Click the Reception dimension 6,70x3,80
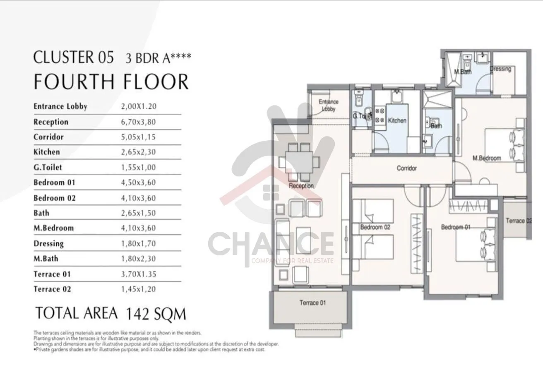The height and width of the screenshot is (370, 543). pos(138,122)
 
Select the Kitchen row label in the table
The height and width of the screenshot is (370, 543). pos(47,152)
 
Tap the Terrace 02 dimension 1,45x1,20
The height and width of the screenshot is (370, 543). pos(138,289)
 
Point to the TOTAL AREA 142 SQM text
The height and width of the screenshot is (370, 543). pos(111,313)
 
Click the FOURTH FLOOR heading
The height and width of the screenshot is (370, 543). pos(111,82)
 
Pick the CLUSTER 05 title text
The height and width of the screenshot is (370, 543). pos(73,57)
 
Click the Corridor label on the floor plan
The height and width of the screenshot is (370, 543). pos(406,168)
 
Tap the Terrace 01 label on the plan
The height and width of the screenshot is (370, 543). pos(312,303)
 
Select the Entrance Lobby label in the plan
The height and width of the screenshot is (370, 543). pos(329,105)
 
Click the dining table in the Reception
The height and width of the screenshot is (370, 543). pos(299,162)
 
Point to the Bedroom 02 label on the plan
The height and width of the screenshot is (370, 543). pos(375,227)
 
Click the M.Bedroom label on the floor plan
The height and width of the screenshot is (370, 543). pos(487,158)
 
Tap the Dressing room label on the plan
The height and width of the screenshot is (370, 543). pos(501,69)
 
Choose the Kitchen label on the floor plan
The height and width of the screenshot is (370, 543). pos(397,120)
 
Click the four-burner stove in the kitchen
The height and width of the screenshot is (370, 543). pos(380,115)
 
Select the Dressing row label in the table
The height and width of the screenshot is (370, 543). pos(49,243)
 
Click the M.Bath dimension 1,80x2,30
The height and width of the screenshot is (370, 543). pos(138,259)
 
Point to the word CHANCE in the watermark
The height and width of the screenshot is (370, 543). pos(271,244)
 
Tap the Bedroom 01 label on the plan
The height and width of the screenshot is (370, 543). pos(456,227)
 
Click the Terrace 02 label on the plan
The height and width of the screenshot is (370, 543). pos(519,221)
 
